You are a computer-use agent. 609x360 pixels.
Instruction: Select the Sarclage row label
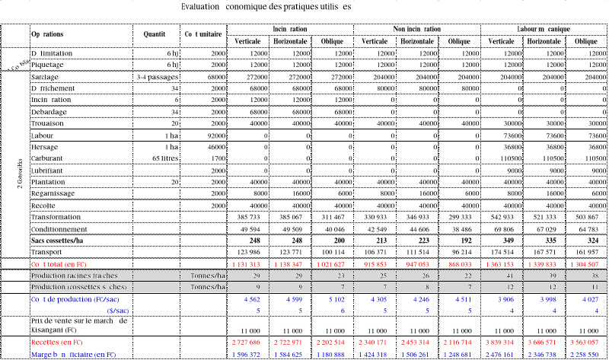coord(45,78)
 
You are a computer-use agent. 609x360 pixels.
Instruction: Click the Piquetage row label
coord(47,65)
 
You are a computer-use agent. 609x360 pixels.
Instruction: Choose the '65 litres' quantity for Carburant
coord(162,159)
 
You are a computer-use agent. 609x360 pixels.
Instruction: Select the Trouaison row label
coord(48,123)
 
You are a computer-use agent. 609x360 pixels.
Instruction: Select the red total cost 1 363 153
coord(500,263)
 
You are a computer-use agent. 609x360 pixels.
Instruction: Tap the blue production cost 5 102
coord(334,299)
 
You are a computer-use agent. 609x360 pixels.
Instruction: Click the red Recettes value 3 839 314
coord(500,344)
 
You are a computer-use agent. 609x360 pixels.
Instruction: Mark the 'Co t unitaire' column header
coord(202,34)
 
